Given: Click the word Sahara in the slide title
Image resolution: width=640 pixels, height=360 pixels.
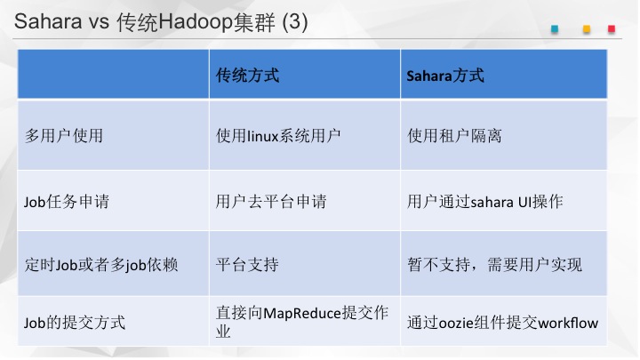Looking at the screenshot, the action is coord(48,21).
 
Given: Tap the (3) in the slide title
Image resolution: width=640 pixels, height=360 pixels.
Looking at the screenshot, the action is coord(295,22).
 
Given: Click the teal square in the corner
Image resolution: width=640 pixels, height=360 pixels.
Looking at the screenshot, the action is coord(555,29).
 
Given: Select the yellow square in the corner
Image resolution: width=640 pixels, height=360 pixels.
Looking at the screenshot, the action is coord(587,29).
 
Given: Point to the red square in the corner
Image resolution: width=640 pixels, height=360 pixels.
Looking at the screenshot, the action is coord(612,29).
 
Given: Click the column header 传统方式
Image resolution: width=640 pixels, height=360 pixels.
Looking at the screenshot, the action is coord(248,76).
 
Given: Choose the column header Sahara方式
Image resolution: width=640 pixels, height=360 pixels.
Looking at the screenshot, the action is coord(445,76).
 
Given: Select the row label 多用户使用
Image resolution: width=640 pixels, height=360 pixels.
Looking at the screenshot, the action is coord(64,135).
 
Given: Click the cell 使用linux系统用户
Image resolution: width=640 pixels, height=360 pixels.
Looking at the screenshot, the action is coord(278,135).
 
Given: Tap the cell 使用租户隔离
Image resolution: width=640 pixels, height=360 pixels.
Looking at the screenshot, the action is coord(454,135).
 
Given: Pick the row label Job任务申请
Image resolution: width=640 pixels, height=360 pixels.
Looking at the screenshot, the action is coord(67,202).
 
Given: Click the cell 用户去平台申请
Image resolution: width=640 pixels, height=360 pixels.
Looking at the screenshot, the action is coord(271,202).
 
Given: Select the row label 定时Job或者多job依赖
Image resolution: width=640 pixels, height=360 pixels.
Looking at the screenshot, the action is coord(101,265).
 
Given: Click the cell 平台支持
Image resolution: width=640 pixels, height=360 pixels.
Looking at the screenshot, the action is coord(247,265).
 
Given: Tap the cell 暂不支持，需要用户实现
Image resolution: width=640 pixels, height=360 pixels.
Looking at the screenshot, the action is coord(495,265).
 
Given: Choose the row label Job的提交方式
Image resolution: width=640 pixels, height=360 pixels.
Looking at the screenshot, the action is coord(75,323).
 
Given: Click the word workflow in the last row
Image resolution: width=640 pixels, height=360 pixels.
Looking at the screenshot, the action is coord(568,324).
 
